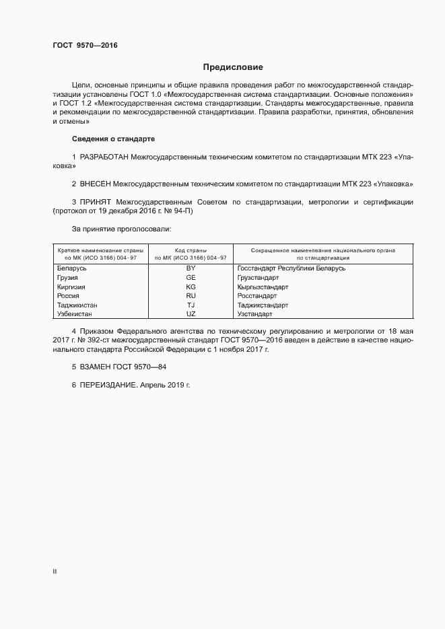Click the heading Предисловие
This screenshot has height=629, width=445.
pyautogui.click(x=233, y=67)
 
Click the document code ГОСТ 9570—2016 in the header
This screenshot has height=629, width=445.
pyautogui.click(x=84, y=46)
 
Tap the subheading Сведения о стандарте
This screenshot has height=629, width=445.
pyautogui.click(x=113, y=139)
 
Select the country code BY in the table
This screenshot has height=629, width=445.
pyautogui.click(x=191, y=268)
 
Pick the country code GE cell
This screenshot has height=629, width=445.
pyautogui.click(x=191, y=277)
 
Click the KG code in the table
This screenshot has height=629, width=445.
pyautogui.click(x=191, y=287)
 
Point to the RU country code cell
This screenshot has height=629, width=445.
pyautogui.click(x=191, y=295)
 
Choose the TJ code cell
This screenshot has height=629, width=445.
pyautogui.click(x=191, y=305)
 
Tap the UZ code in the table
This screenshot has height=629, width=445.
pyautogui.click(x=191, y=313)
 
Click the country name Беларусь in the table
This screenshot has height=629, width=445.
pyautogui.click(x=72, y=268)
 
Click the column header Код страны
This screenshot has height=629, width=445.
pyautogui.click(x=191, y=250)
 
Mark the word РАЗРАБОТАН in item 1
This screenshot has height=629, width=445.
pyautogui.click(x=104, y=157)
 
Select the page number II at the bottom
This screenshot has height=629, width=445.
pyautogui.click(x=55, y=571)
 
